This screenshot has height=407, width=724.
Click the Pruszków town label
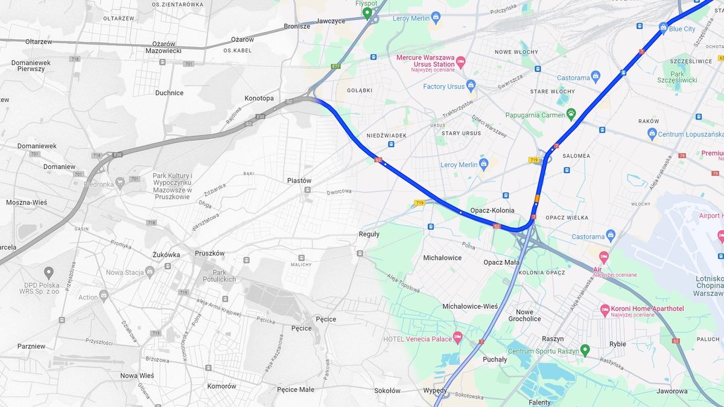click(x=209, y=253)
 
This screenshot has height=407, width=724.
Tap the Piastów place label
click(x=299, y=180)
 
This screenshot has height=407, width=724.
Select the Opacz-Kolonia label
click(x=492, y=210)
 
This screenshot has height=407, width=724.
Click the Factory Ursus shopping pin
click(x=471, y=86)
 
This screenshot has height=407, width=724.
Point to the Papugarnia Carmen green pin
click(x=571, y=114)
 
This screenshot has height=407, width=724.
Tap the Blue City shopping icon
click(x=663, y=28)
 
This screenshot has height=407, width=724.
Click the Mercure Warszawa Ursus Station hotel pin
click(x=461, y=62)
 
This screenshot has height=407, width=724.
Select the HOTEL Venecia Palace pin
click(x=458, y=338)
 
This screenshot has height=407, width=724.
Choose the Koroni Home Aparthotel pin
click(x=605, y=310)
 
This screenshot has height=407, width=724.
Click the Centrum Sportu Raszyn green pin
click(x=584, y=350)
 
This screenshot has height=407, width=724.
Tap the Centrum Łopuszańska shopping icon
click(x=652, y=133)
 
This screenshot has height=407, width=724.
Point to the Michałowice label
click(x=442, y=257)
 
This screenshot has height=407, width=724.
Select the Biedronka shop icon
click(x=119, y=181)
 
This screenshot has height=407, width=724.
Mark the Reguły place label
click(x=369, y=234)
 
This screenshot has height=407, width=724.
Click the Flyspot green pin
click(x=367, y=12)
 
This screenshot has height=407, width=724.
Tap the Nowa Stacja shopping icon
click(x=149, y=272)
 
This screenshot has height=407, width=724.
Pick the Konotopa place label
click(x=259, y=98)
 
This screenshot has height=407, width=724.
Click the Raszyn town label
click(x=553, y=339)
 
